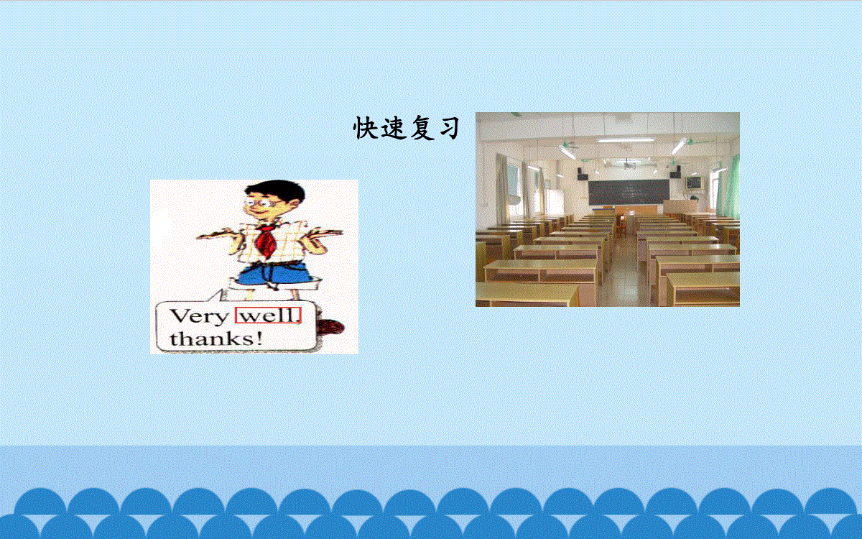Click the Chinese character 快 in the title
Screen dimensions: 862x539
[364, 128]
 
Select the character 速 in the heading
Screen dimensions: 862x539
[394, 128]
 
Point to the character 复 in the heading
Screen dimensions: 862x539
[421, 128]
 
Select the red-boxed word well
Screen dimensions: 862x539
[268, 315]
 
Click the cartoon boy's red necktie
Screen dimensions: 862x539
[265, 239]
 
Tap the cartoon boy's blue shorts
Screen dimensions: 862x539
[274, 274]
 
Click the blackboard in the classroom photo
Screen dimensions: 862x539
[629, 192]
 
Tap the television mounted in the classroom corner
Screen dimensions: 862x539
[694, 183]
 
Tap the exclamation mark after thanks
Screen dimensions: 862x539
[259, 338]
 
